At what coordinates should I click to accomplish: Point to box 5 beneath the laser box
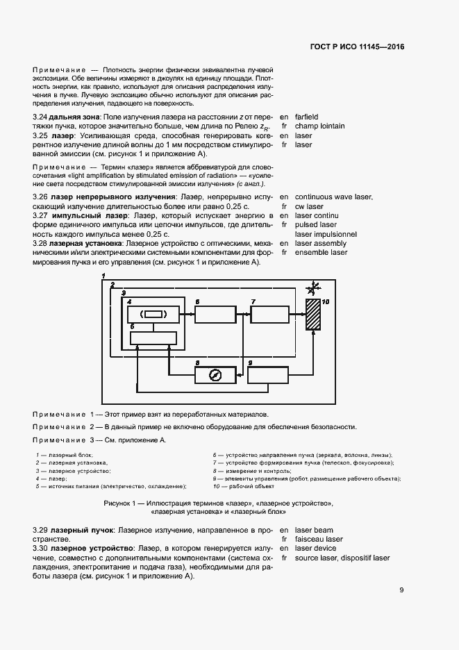(153, 337)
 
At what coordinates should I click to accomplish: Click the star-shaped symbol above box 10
(315, 287)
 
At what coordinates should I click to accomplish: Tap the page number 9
(401, 590)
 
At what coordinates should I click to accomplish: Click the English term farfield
(306, 117)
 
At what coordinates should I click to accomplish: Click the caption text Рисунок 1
(122, 502)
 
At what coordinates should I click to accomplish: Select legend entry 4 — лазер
(50, 478)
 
